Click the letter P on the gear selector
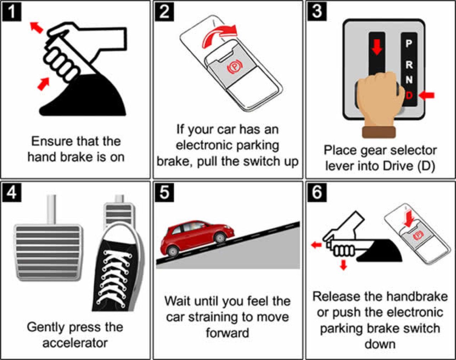point(409,44)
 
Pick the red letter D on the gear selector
point(409,95)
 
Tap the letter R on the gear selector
point(409,65)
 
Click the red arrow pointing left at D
point(426,95)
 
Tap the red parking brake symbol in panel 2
point(233,67)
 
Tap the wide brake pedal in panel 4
point(48,251)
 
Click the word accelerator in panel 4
point(75,343)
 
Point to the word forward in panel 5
point(227,333)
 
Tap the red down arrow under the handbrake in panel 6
point(343,265)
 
